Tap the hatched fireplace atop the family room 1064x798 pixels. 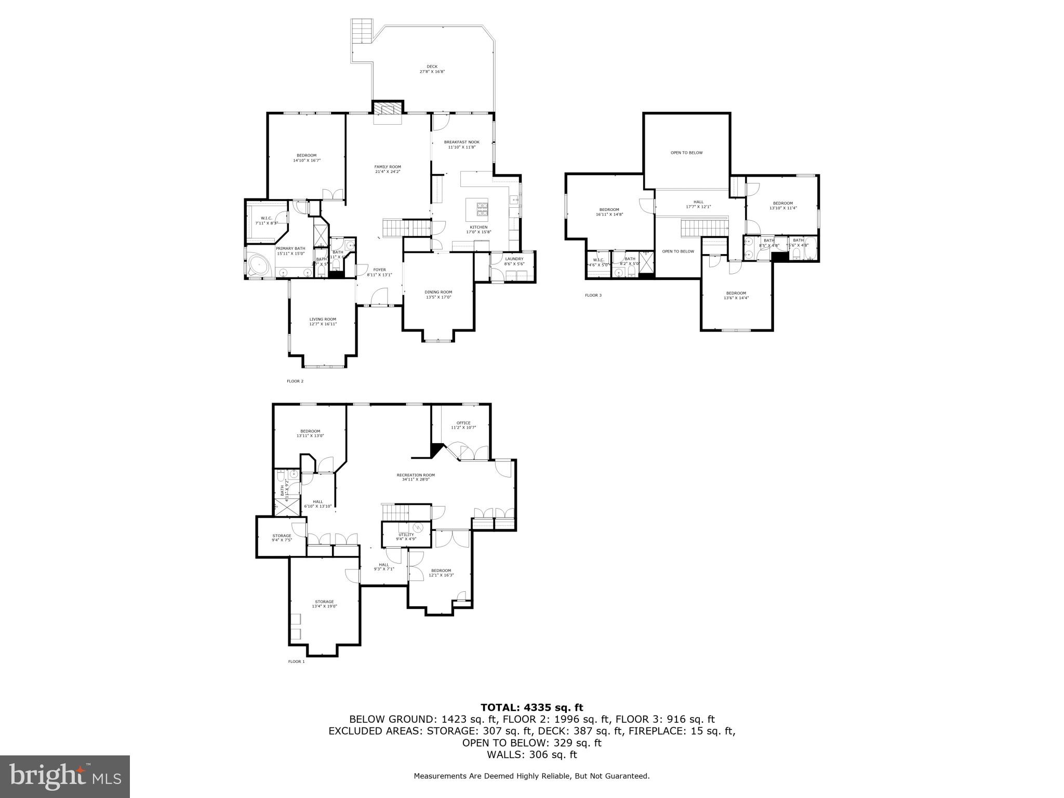pos(388,108)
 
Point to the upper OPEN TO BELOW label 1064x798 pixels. pos(686,153)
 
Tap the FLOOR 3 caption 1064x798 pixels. pos(593,296)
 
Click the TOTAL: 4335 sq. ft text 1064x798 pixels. pos(531,707)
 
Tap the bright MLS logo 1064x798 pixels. pos(65,776)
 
